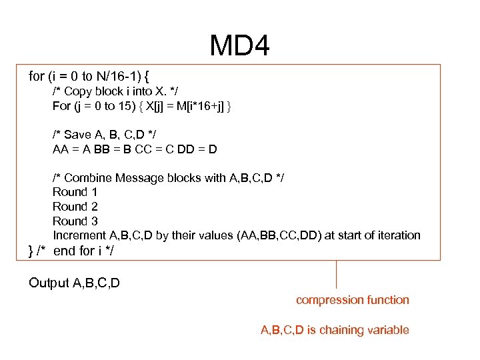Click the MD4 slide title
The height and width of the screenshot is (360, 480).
coord(239,46)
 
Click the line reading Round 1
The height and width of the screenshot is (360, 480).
coord(75,192)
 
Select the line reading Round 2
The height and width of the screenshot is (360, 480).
coord(75,207)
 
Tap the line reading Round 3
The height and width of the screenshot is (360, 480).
coord(75,221)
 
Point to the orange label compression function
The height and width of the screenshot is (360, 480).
coord(353,300)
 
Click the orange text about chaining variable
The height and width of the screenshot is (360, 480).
coord(334,330)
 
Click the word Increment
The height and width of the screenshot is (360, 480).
coord(77,235)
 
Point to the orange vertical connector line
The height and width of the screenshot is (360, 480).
coord(336,274)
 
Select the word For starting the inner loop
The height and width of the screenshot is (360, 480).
coord(61,106)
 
